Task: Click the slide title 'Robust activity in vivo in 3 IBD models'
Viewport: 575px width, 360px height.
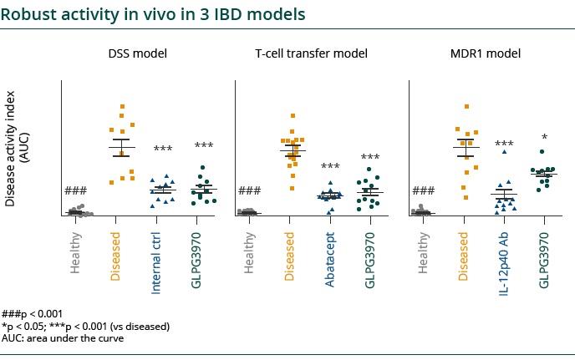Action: (x=153, y=15)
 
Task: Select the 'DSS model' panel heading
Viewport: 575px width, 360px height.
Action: (x=138, y=53)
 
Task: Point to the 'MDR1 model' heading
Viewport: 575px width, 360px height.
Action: (x=486, y=53)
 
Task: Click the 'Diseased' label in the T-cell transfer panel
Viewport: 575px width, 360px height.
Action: (x=290, y=256)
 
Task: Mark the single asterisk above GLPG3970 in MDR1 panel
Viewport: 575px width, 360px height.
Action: (x=544, y=138)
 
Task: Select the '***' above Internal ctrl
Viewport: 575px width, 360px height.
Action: (x=163, y=150)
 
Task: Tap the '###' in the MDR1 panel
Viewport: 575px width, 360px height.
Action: (x=424, y=191)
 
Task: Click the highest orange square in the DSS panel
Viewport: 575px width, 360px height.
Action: (x=122, y=107)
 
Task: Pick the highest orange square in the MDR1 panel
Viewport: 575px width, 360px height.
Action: (x=466, y=107)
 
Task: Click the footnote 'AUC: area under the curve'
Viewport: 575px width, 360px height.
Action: (x=63, y=338)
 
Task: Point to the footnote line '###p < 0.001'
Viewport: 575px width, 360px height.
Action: (x=33, y=313)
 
